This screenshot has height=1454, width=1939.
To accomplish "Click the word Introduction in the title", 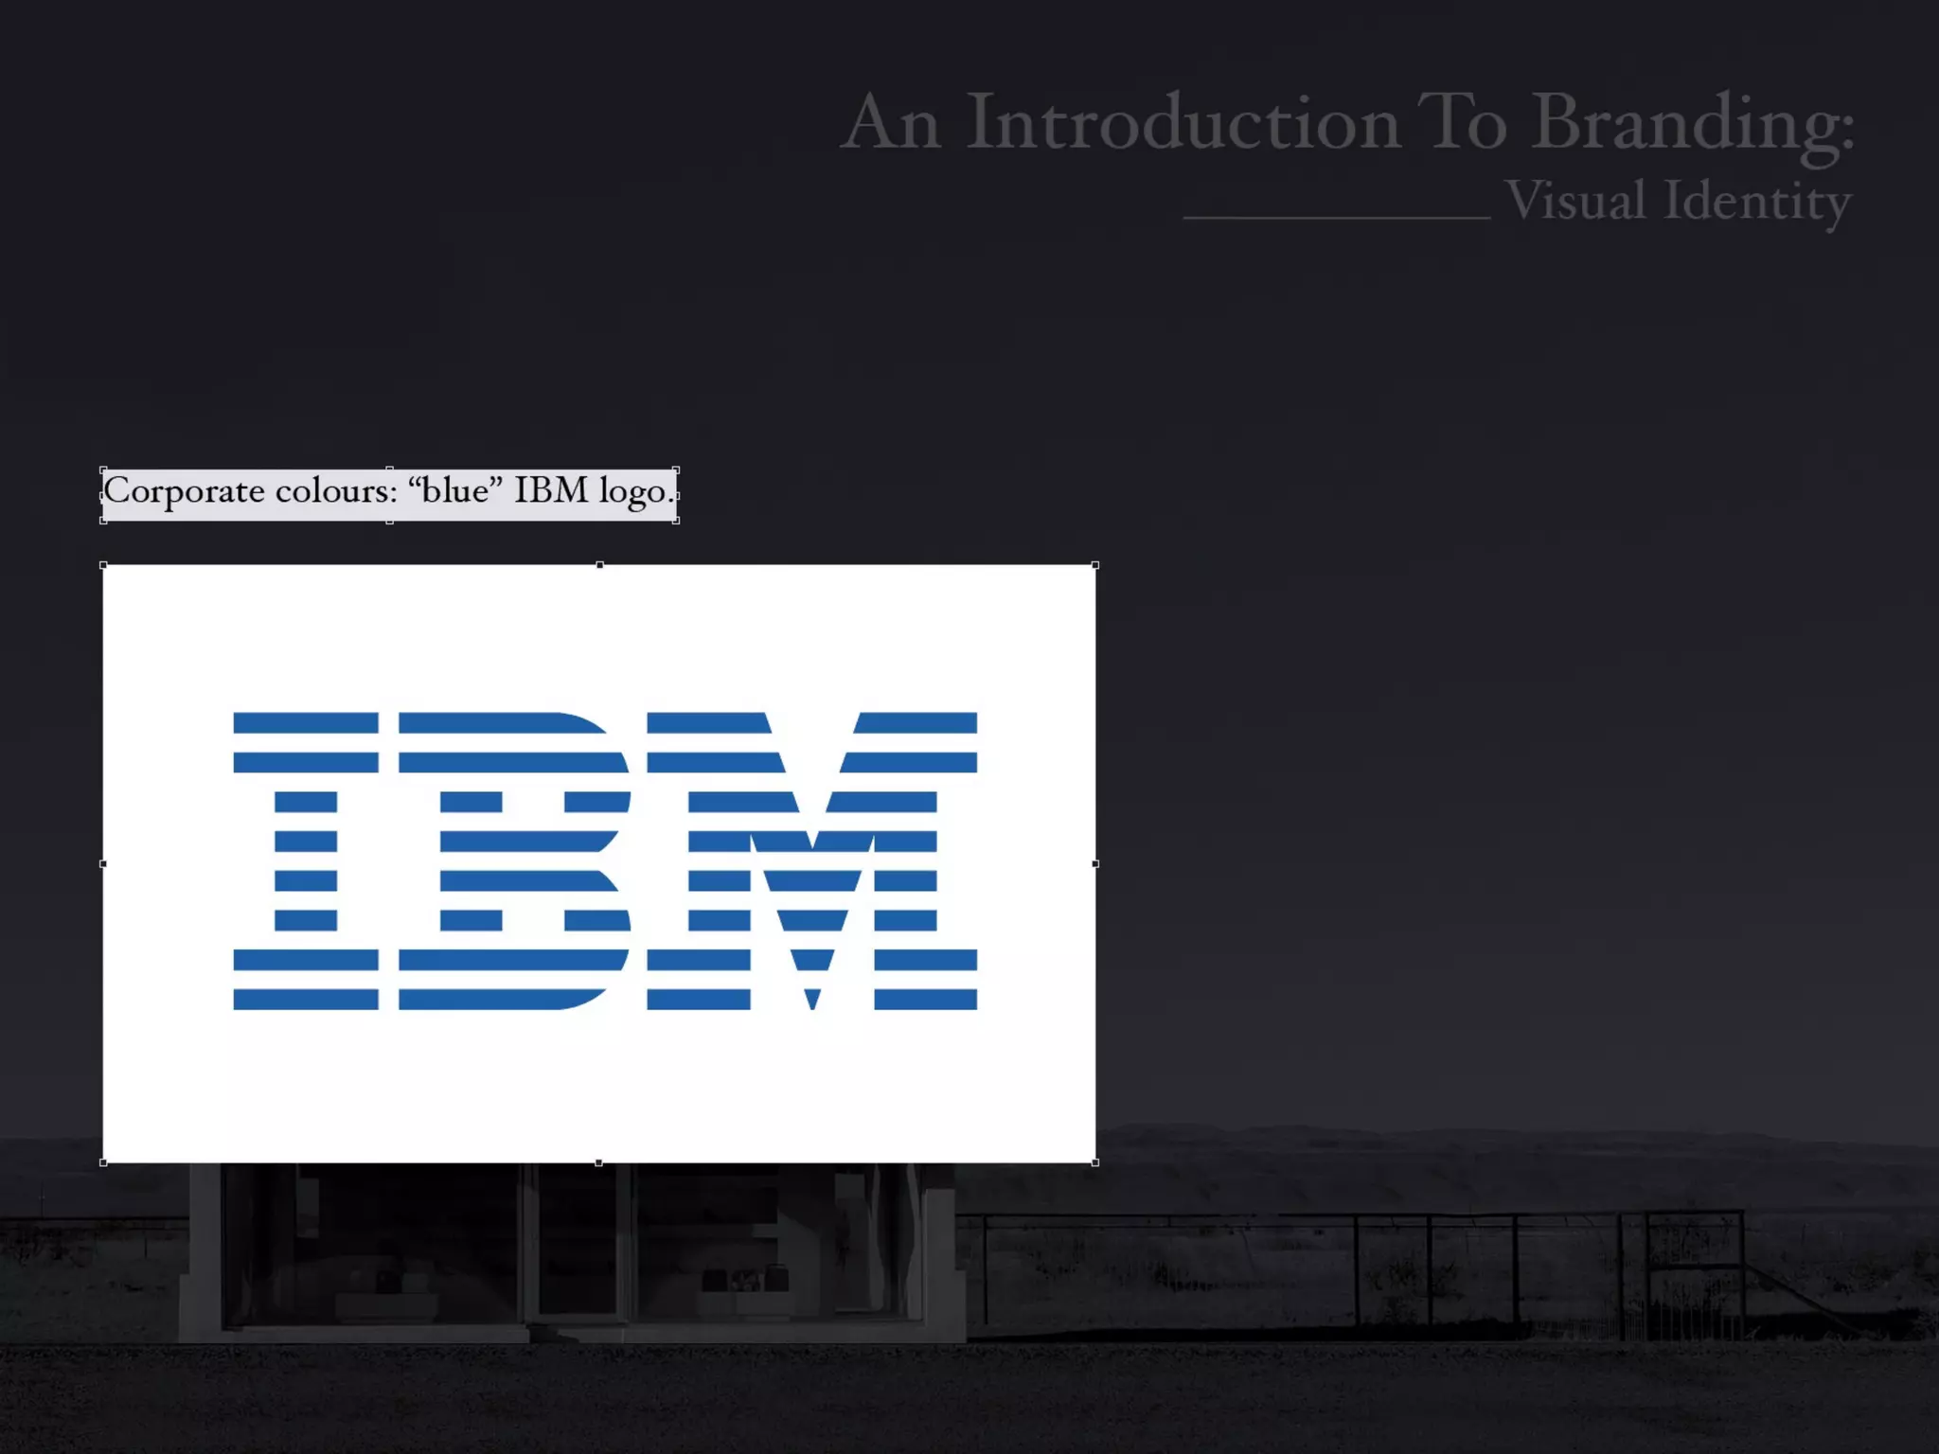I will pos(1183,123).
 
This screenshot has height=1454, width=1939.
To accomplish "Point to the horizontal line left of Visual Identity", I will pos(1337,218).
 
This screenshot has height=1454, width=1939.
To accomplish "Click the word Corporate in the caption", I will pos(184,491).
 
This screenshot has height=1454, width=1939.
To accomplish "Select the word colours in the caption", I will pos(336,491).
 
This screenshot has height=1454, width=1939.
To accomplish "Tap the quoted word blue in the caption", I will pos(455,490).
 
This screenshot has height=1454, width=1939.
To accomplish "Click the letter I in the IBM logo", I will pos(306,860).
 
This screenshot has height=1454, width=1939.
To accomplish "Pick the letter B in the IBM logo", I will pos(515,860).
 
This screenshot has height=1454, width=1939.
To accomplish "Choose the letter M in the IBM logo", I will pos(812,860).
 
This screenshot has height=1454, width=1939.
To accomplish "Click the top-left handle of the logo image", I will pos(103,565).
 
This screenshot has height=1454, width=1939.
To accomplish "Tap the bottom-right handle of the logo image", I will pos(1095,1162).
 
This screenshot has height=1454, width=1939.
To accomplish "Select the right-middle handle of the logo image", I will pos(1095,863).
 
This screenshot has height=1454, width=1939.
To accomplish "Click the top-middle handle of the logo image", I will pos(599,565).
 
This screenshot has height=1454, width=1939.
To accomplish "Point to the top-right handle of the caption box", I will pos(676,470).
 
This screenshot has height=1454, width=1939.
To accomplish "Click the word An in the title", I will pos(891,123).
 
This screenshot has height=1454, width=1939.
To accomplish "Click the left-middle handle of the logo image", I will pos(103,863).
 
